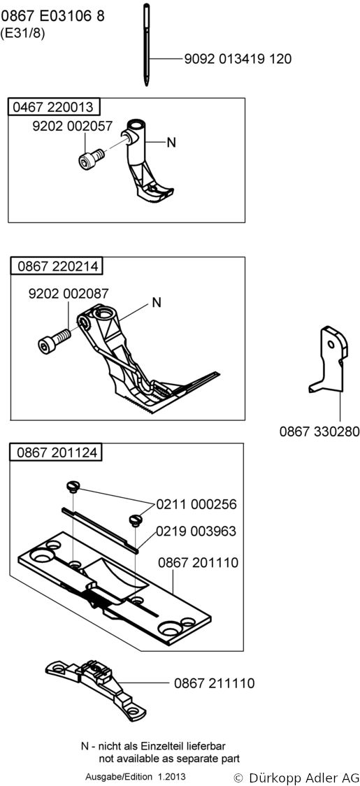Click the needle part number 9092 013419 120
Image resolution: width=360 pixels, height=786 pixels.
[237, 59]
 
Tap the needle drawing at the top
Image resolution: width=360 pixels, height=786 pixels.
[146, 44]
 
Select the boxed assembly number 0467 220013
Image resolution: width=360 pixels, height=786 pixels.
[53, 107]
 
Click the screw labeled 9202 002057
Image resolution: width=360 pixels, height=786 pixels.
[91, 159]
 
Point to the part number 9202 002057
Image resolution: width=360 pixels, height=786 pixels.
[72, 127]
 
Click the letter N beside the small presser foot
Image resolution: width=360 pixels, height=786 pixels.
[171, 143]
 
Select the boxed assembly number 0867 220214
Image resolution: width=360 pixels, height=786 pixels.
[57, 266]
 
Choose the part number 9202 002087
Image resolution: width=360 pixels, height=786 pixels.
[69, 294]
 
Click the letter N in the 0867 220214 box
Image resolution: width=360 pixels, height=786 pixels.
[157, 302]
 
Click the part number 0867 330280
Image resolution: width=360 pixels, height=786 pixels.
[319, 431]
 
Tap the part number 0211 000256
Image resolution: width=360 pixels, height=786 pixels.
[196, 504]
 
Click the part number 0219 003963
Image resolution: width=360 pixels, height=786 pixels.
[196, 531]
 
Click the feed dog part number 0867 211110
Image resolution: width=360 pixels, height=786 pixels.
[214, 683]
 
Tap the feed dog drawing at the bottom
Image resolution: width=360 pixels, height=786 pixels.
[95, 685]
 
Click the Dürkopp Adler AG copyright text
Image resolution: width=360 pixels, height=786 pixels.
[297, 778]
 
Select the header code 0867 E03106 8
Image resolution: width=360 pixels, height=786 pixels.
[52, 16]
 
